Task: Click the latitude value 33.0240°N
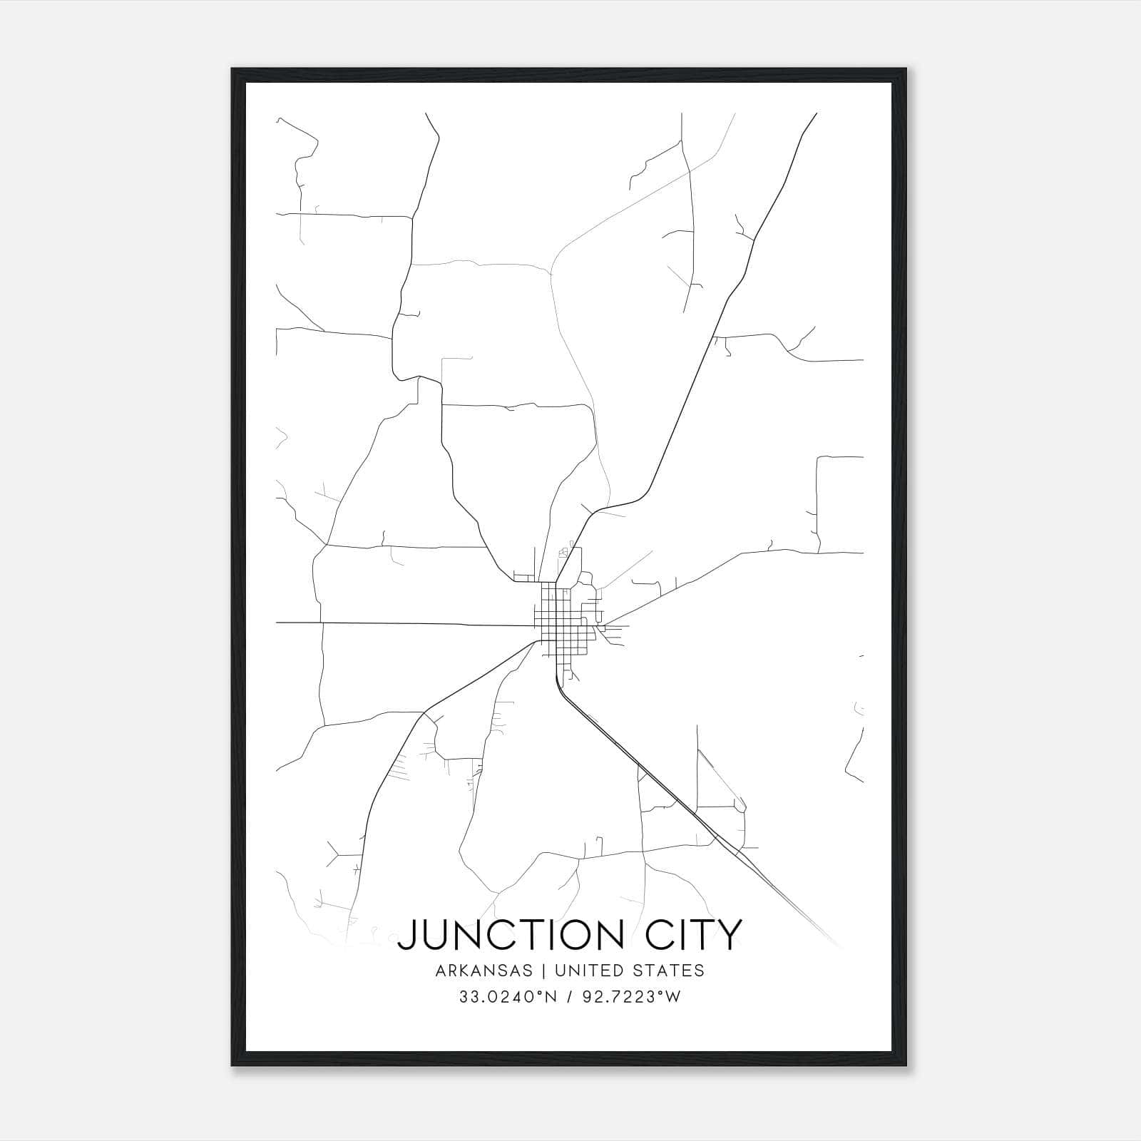coord(505,997)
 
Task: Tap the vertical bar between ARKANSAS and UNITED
coord(543,971)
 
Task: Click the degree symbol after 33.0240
coord(539,993)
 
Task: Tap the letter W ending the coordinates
coord(673,997)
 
